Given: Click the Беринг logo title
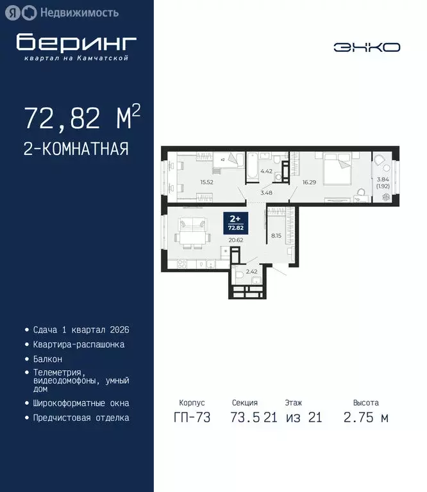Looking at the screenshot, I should point(76,42).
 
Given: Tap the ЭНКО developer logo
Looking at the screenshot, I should point(366,47).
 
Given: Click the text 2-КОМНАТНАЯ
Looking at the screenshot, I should point(76,149).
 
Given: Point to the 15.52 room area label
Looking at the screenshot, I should point(206,183).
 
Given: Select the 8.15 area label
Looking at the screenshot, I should point(276,236).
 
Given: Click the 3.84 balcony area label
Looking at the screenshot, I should point(383,179).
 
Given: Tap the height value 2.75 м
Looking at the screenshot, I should point(365,418).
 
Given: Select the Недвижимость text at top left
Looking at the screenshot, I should point(79,12).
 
